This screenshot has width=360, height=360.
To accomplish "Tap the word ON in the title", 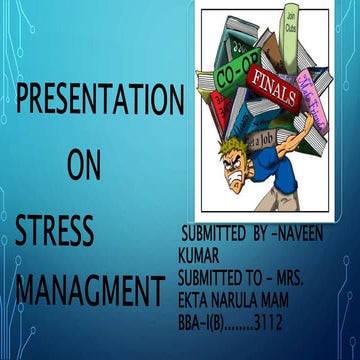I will pyautogui.click(x=84, y=167).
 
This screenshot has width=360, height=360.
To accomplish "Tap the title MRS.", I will pyautogui.click(x=321, y=275).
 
